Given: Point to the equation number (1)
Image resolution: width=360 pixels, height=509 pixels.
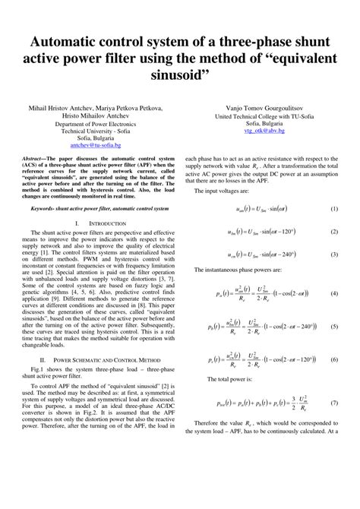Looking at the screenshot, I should [334, 208].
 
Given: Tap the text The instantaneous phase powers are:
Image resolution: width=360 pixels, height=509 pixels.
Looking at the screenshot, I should [239, 270].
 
